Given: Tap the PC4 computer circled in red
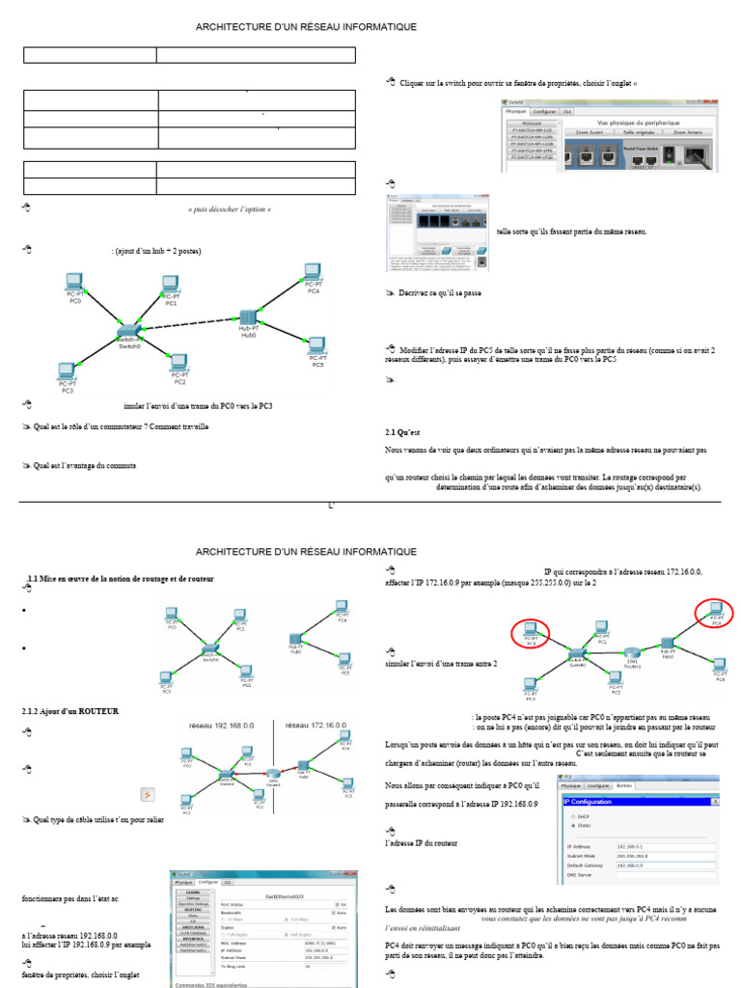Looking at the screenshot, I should (714, 611).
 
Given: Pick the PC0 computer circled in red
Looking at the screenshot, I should (531, 632).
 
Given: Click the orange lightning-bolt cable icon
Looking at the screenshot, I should (148, 794).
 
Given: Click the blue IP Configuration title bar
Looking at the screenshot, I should (640, 802).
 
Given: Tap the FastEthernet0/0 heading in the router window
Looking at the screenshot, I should (278, 894).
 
